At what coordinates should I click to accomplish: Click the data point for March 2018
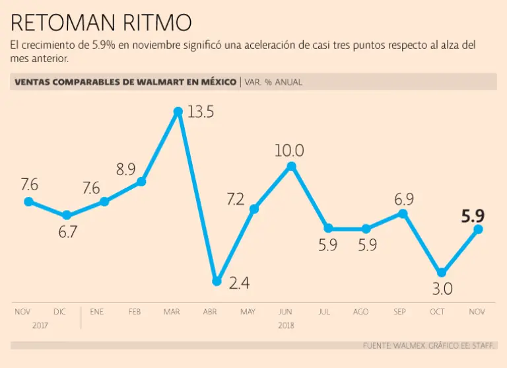[178, 112]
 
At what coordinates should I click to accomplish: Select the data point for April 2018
[217, 281]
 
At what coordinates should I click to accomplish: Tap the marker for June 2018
[292, 167]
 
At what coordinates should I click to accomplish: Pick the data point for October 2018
[442, 272]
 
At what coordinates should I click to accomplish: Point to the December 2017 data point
[66, 215]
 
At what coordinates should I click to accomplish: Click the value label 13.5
[201, 112]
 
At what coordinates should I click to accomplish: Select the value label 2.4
[239, 284]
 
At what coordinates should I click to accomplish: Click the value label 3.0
[442, 289]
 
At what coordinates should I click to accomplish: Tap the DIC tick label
[59, 311]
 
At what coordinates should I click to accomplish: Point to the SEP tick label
[399, 311]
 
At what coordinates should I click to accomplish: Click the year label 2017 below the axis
[41, 325]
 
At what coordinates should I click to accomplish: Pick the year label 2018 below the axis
[286, 325]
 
